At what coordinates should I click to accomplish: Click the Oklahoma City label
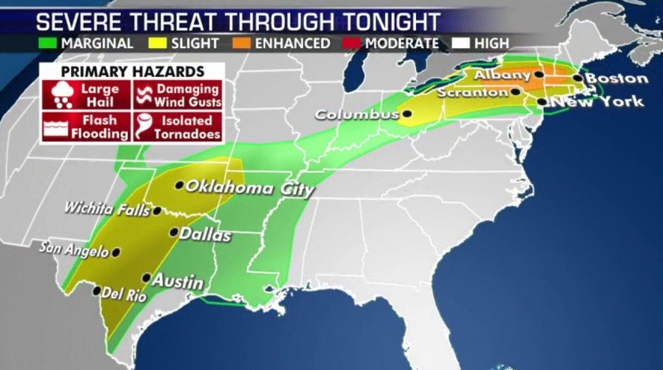[x=249, y=188]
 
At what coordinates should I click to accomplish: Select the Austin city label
[x=178, y=280]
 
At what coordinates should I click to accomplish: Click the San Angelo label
[x=74, y=249]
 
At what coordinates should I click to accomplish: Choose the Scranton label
[x=472, y=92]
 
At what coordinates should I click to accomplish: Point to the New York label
[x=596, y=101]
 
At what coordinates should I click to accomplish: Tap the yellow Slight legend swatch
[x=159, y=43]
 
